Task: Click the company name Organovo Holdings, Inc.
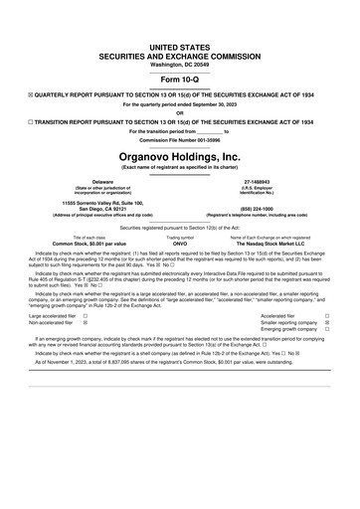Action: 179,157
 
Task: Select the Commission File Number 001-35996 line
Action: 179,139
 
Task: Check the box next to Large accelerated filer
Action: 86,315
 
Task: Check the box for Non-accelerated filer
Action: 86,323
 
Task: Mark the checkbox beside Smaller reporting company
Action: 327,323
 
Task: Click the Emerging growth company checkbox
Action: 327,331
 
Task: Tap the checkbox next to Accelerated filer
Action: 327,315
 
